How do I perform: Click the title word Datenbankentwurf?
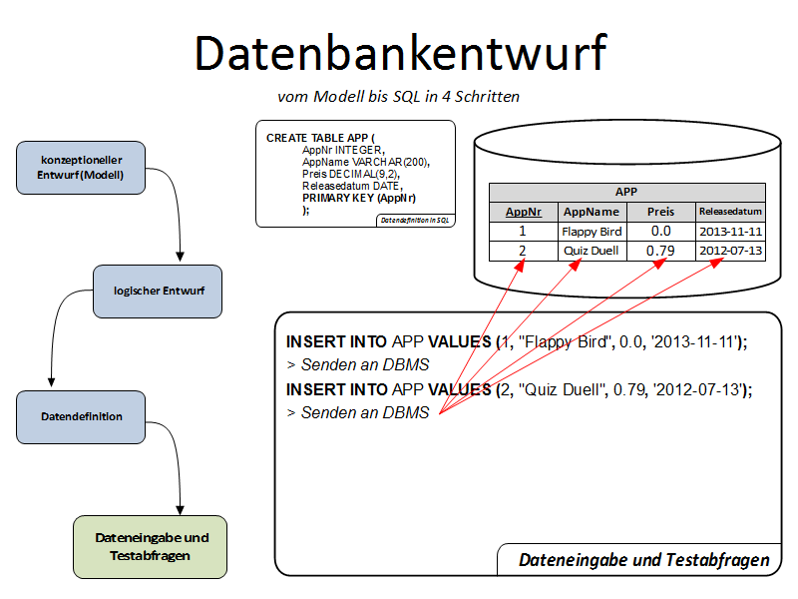[x=400, y=53]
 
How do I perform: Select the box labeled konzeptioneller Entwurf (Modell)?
[x=82, y=167]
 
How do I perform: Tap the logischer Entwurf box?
[x=159, y=291]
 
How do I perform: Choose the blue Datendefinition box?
[x=82, y=416]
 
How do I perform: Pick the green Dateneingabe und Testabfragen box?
[x=151, y=546]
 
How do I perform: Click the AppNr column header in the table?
[x=524, y=212]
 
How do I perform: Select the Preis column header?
[x=660, y=212]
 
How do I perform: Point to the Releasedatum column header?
[x=730, y=212]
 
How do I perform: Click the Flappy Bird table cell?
[x=592, y=232]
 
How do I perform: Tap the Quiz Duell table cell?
[x=592, y=251]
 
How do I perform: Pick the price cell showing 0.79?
[x=660, y=251]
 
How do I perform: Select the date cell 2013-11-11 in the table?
[x=730, y=232]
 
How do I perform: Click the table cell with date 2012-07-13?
[x=730, y=251]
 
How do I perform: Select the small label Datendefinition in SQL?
[x=416, y=220]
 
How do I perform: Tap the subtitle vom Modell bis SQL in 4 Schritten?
[x=398, y=97]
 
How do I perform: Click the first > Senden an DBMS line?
[x=358, y=364]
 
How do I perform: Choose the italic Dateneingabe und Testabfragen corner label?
[x=644, y=560]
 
